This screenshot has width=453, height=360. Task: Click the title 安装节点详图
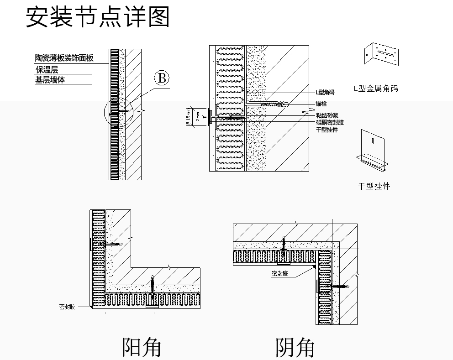click(x=97, y=17)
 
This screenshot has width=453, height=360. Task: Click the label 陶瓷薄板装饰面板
click(x=64, y=58)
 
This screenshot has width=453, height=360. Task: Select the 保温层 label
click(x=47, y=69)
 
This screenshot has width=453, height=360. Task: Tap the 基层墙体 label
click(x=50, y=80)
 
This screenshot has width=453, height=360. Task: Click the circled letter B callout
click(x=161, y=78)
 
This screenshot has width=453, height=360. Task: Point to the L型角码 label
click(x=325, y=93)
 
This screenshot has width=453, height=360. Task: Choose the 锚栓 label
click(x=321, y=104)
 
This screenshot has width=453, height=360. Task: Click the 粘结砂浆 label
click(x=327, y=115)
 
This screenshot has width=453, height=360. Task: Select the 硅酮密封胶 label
click(x=330, y=122)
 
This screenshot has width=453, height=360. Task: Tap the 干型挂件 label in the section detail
click(x=327, y=130)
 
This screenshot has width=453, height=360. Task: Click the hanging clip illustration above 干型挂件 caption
click(x=373, y=148)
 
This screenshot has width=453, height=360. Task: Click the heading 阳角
click(x=141, y=347)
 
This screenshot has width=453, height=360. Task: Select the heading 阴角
click(x=295, y=348)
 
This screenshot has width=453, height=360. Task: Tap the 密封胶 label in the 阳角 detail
click(x=67, y=307)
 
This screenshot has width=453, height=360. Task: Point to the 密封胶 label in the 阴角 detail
click(x=279, y=274)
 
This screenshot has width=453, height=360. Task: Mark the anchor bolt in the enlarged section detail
click(x=274, y=104)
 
